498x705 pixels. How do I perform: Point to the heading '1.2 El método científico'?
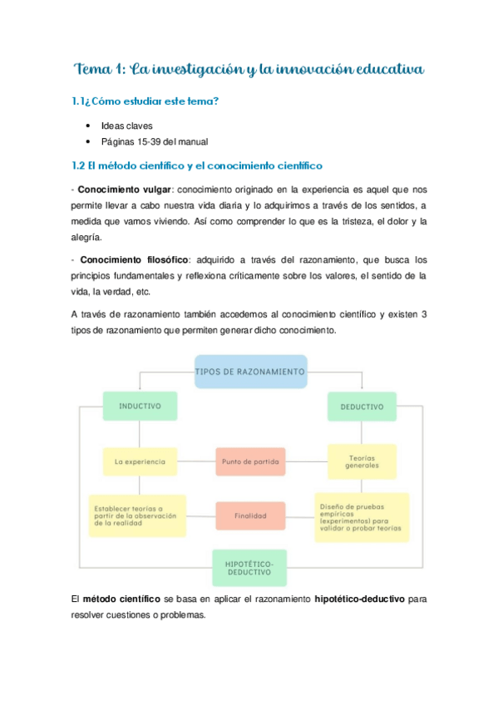tap(197, 166)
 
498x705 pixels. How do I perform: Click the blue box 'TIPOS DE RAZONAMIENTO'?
tap(249, 372)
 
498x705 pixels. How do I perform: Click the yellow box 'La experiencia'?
tap(140, 461)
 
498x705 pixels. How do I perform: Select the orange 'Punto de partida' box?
tap(249, 461)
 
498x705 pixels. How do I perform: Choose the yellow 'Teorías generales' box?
tap(362, 461)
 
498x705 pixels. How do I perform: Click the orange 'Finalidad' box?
tap(249, 515)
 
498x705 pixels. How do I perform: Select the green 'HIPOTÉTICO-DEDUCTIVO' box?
tap(249, 568)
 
